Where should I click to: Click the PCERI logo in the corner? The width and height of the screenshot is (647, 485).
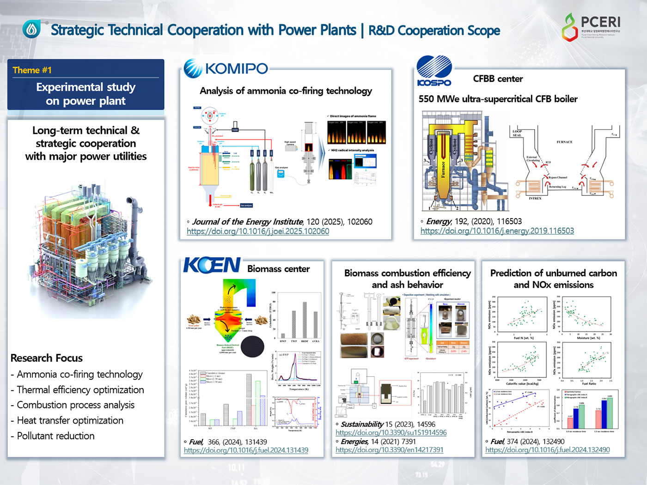coord(591,27)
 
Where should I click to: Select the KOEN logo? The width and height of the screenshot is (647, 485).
coord(212,265)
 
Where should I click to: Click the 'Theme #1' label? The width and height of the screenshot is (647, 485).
coord(32,70)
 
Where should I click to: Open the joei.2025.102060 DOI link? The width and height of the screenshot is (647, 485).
coord(258,231)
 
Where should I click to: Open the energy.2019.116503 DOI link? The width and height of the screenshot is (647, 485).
coord(497,231)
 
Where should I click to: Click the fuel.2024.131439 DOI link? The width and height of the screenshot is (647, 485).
coord(246,450)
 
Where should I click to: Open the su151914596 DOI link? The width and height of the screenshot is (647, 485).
coord(391,433)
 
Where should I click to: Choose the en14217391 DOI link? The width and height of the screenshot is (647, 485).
coord(389,450)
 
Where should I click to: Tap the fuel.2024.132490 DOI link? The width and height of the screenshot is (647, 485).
coord(547,450)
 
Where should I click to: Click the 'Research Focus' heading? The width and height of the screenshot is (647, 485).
coord(47,358)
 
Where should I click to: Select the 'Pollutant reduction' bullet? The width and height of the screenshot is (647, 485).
coord(55,436)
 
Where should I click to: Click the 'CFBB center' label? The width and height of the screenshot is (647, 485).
coord(498,79)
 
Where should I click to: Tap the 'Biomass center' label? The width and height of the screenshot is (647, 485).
coord(278,269)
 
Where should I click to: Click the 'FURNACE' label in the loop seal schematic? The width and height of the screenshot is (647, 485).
coord(564,142)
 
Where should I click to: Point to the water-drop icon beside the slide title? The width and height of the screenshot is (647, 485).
coord(31,30)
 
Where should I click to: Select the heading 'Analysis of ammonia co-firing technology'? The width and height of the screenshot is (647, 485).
coord(286,91)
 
